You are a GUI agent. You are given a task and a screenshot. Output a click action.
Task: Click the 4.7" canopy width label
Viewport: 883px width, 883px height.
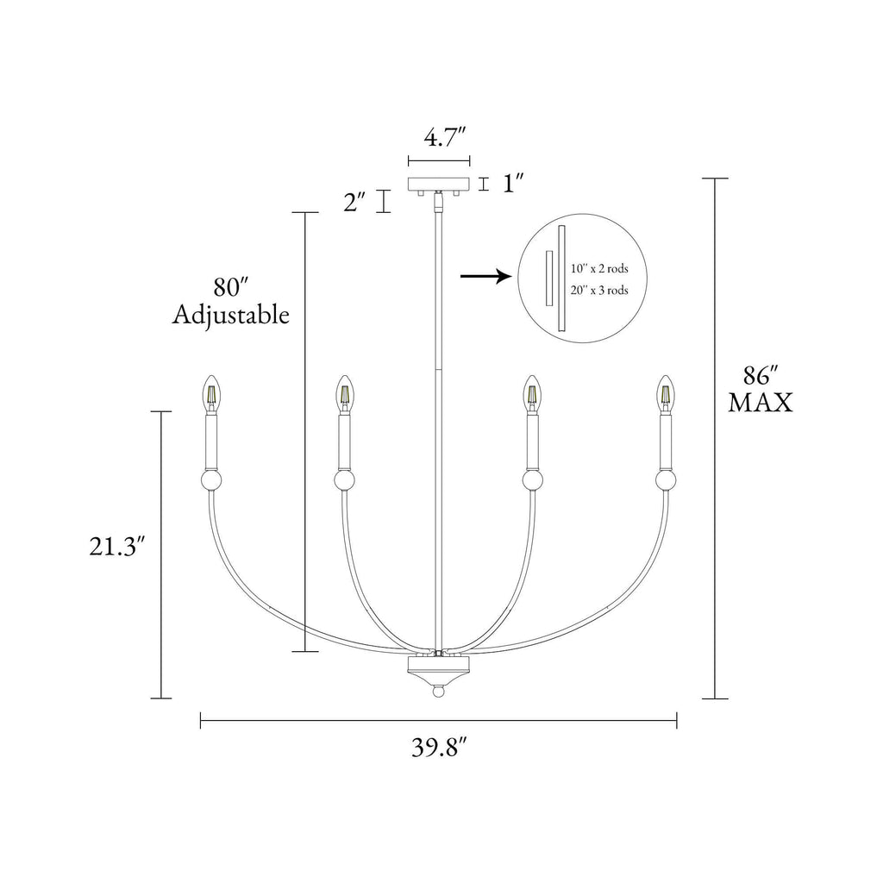click(x=445, y=137)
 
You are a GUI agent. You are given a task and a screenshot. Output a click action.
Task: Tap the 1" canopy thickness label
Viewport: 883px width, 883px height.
click(x=513, y=184)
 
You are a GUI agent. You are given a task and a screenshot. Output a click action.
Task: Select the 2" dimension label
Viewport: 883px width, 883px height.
click(x=354, y=202)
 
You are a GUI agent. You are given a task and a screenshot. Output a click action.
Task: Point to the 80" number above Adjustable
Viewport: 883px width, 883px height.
click(x=231, y=288)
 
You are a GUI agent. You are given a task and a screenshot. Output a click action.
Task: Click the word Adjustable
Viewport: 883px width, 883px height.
click(x=231, y=315)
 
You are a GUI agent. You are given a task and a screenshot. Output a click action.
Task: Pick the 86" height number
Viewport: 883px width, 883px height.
click(x=761, y=376)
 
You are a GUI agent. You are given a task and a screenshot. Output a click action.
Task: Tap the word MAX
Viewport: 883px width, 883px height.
click(x=761, y=403)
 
